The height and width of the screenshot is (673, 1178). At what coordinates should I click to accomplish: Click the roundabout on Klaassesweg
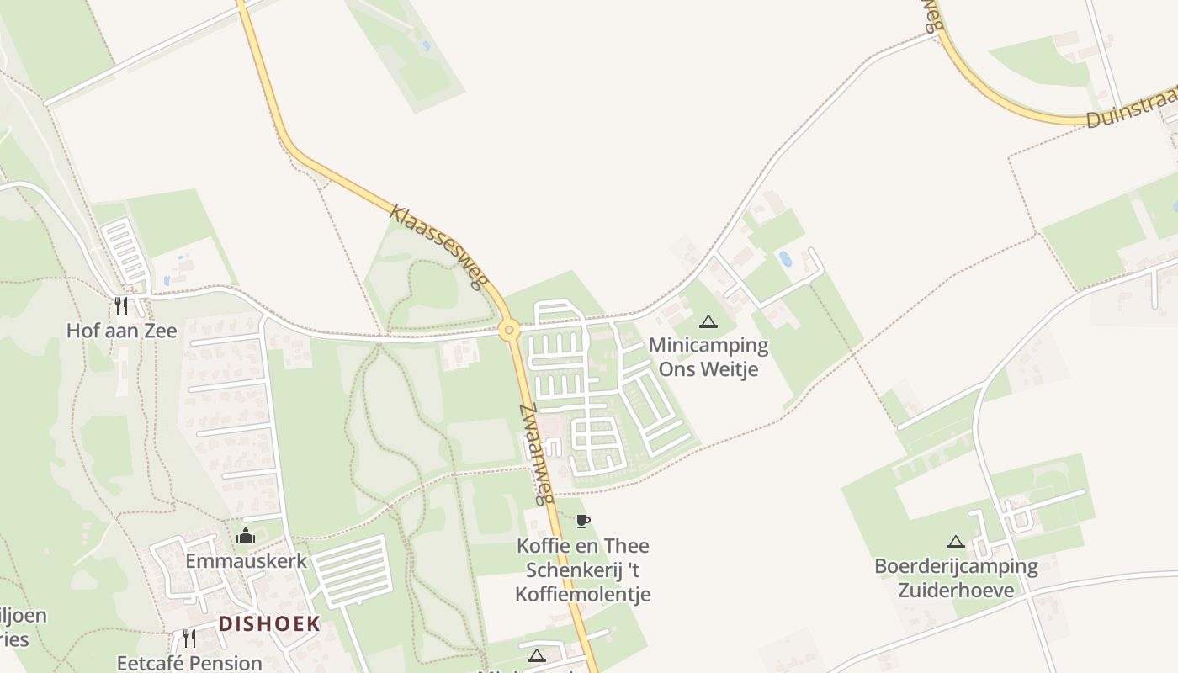[508, 330]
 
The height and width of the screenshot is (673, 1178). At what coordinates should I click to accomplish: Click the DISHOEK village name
[269, 623]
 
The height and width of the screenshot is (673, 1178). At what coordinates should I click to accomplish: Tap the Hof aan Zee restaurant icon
[122, 305]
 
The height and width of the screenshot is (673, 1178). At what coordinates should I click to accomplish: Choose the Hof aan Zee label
[122, 331]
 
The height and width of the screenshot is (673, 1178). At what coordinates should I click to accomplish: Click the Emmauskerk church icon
[246, 536]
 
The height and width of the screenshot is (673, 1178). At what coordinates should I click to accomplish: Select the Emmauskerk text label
[246, 561]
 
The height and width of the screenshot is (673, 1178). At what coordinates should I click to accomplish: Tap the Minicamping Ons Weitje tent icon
[708, 321]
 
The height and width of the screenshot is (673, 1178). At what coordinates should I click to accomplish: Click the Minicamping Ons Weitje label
[708, 357]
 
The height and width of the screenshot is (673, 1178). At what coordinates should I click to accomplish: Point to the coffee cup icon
[583, 521]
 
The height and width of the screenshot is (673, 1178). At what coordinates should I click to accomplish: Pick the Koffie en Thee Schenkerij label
[583, 570]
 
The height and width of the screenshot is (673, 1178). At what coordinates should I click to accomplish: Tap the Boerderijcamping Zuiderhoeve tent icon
[955, 542]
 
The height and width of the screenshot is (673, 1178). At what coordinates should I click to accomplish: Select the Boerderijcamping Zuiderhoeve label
[956, 577]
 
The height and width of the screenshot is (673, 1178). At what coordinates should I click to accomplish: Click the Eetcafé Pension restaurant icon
[189, 639]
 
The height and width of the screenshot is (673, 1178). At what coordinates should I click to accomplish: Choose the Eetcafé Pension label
[189, 663]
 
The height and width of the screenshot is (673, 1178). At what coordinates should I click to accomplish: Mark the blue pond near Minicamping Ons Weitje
[785, 258]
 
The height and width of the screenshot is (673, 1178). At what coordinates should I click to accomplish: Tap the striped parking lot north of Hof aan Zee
[126, 251]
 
